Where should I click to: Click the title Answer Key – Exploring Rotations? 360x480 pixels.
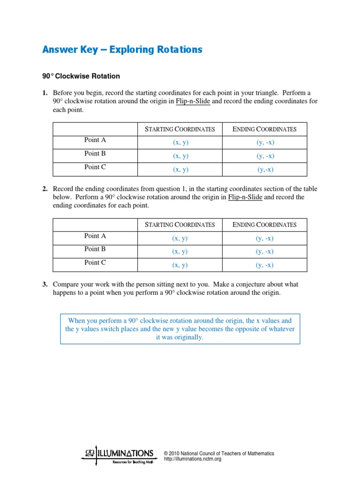click(x=122, y=49)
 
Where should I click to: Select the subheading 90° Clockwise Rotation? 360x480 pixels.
click(x=81, y=76)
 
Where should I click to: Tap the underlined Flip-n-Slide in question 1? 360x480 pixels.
click(x=193, y=101)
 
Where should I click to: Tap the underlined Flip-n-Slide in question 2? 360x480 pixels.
click(x=245, y=197)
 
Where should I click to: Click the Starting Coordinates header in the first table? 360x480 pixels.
click(x=180, y=129)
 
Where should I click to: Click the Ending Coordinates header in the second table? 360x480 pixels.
click(x=265, y=225)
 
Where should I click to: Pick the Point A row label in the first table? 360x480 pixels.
click(x=95, y=140)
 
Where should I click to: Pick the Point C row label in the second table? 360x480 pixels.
click(x=95, y=262)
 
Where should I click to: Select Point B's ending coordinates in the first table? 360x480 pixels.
click(x=265, y=156)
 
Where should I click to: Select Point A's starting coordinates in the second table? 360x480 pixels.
click(x=180, y=238)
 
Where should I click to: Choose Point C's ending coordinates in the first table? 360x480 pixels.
click(x=265, y=170)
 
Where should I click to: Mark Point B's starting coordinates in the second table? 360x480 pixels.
click(x=180, y=251)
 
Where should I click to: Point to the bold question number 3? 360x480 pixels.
click(x=45, y=285)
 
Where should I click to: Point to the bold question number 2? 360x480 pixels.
click(x=45, y=189)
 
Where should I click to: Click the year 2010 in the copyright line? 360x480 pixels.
click(x=174, y=454)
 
